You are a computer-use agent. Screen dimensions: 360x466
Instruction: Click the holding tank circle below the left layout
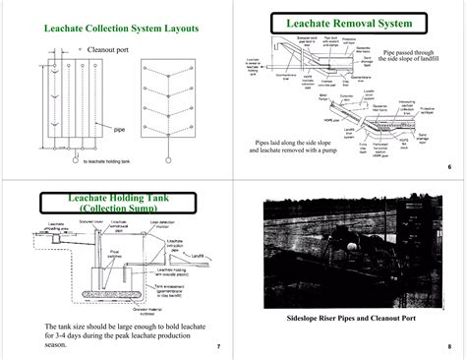pos(71,155)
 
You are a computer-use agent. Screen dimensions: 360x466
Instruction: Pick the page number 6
pos(448,168)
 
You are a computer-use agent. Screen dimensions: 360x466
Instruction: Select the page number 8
pos(448,347)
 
